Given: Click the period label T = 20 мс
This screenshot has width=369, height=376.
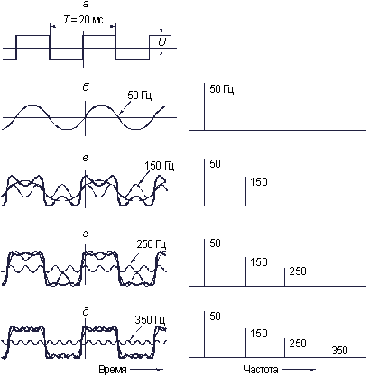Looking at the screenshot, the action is [84, 20].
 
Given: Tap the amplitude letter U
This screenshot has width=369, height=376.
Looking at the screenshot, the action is [162, 42].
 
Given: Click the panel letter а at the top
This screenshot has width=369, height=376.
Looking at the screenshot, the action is [86, 5].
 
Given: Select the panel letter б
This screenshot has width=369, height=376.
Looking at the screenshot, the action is [86, 87].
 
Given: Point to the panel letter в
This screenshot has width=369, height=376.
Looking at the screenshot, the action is [86, 158].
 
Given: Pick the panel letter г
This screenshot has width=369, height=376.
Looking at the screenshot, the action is [86, 234].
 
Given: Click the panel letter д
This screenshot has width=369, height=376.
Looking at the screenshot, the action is [86, 312].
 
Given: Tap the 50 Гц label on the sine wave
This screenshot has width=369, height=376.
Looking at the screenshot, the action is [140, 95].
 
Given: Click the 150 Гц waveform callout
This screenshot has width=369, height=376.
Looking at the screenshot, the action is [160, 166].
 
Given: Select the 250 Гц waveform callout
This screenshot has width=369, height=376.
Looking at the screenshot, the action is [152, 243].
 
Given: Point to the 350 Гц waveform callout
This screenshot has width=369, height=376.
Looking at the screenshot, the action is [151, 320].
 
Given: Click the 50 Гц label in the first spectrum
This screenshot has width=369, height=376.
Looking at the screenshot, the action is [222, 89].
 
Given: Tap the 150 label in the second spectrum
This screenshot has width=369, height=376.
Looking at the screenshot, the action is [259, 182].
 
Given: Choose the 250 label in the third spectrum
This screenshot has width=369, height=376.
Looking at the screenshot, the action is [298, 271].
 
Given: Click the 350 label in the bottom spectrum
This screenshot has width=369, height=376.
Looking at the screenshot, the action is [339, 350].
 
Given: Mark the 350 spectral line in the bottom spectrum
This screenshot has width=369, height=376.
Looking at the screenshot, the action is [327, 352].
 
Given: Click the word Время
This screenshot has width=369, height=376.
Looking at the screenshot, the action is [113, 370].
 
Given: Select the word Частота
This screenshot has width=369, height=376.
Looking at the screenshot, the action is [261, 369].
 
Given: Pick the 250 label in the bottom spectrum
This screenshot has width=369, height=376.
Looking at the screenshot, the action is [298, 343].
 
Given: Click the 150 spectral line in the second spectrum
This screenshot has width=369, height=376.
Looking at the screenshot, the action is [245, 191].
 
